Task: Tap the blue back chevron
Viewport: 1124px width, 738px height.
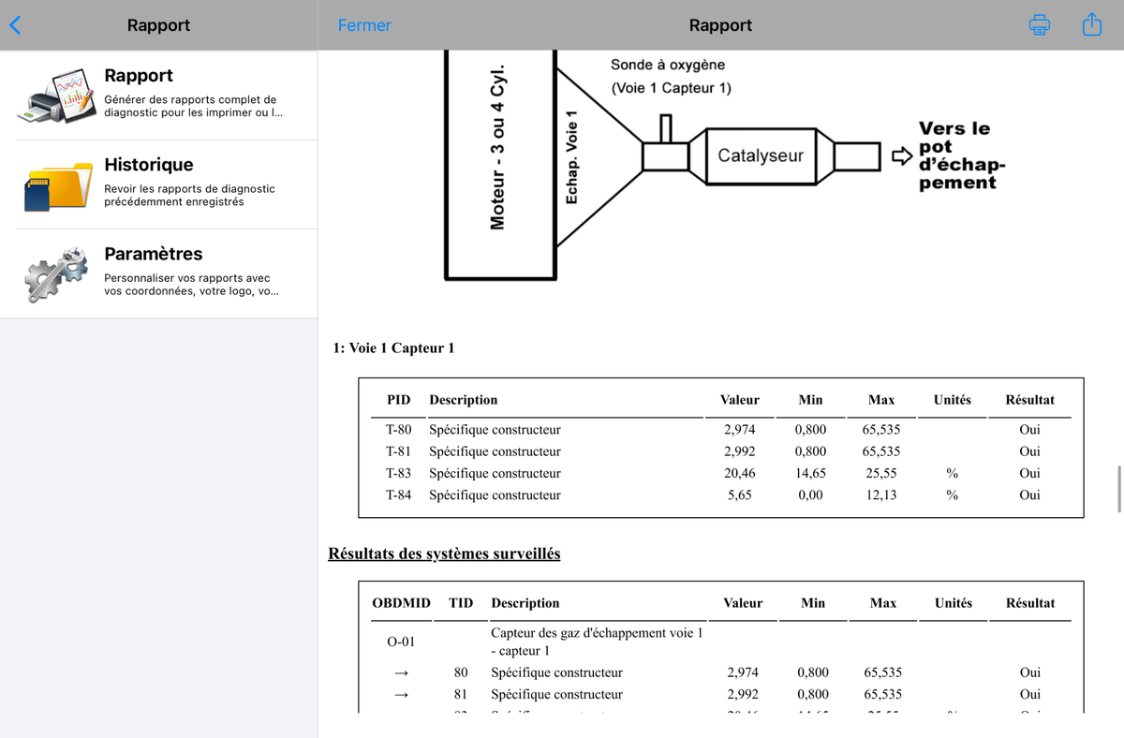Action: (x=16, y=25)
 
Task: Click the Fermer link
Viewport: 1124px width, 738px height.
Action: (x=364, y=25)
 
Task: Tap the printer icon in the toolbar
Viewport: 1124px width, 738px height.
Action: (x=1039, y=24)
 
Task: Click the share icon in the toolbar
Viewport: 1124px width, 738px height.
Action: (x=1092, y=24)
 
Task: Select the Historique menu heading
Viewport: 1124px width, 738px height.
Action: (x=149, y=165)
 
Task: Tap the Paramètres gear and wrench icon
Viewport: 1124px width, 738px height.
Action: (x=56, y=273)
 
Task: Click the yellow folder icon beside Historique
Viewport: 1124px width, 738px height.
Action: (x=58, y=186)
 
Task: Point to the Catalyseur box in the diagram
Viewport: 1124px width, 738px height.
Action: (x=761, y=156)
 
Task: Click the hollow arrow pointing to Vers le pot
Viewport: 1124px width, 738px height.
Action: (x=902, y=156)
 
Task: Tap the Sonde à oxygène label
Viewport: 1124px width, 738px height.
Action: (x=667, y=65)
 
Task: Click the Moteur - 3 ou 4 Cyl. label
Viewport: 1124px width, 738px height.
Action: (x=497, y=147)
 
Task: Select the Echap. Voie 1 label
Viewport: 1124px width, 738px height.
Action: (x=571, y=157)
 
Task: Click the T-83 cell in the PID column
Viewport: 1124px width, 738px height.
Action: (x=398, y=473)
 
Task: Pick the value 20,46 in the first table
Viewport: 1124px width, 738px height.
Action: (x=740, y=473)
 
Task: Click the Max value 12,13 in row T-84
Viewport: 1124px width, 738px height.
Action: (x=881, y=495)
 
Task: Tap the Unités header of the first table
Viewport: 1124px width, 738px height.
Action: (x=952, y=400)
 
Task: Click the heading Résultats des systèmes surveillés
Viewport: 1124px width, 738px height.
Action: (x=444, y=553)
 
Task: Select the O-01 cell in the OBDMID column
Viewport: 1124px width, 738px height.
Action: (x=401, y=642)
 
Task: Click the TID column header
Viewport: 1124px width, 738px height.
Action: (x=461, y=602)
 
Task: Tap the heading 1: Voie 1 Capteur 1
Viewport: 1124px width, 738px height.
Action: (x=393, y=348)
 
